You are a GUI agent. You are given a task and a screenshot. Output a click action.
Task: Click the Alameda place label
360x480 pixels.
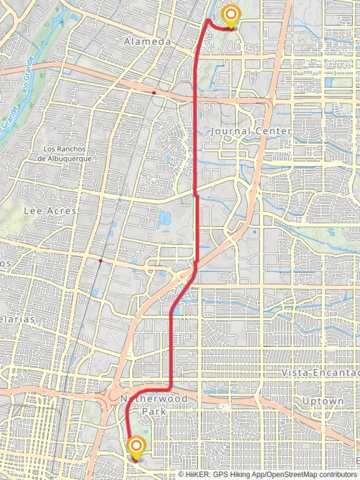pos(147,42)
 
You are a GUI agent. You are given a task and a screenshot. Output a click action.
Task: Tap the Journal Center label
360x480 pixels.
pos(251,131)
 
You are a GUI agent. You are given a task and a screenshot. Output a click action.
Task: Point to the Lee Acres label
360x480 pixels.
pos(50,211)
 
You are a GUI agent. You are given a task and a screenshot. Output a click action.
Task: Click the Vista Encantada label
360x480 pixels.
pos(320,373)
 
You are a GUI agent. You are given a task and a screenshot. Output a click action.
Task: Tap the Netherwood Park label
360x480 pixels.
pos(154,405)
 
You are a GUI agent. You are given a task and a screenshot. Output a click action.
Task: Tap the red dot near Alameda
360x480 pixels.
pos(154,92)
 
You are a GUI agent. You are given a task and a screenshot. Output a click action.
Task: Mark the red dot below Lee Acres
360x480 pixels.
pos(101,261)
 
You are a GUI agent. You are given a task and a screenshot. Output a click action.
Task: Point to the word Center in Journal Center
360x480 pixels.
pos(273,131)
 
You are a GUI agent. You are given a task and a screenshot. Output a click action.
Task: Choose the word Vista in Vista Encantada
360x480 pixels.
pos(292,373)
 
